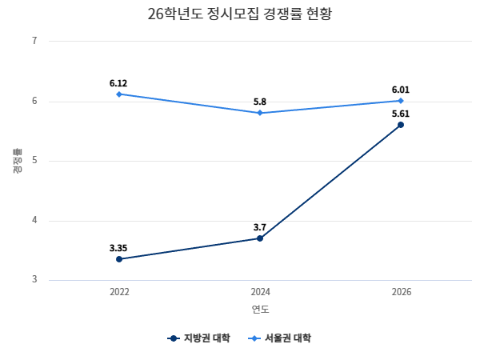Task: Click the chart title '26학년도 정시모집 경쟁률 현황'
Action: click(240, 14)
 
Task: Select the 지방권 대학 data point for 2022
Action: click(119, 259)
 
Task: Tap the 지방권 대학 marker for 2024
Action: click(260, 238)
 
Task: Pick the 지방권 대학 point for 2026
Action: click(401, 125)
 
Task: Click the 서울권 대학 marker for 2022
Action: click(119, 94)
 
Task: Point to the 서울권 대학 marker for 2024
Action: click(260, 113)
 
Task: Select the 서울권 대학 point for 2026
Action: click(401, 101)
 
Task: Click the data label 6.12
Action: click(119, 83)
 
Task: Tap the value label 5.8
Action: click(260, 102)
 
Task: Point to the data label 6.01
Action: click(401, 90)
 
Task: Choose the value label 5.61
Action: click(401, 114)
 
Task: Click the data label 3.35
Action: click(119, 248)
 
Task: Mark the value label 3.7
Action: click(260, 227)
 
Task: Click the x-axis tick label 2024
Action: click(260, 293)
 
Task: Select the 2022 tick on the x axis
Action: click(119, 293)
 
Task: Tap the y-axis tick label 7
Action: click(34, 41)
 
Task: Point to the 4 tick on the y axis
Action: click(34, 221)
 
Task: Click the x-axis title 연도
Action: click(260, 310)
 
